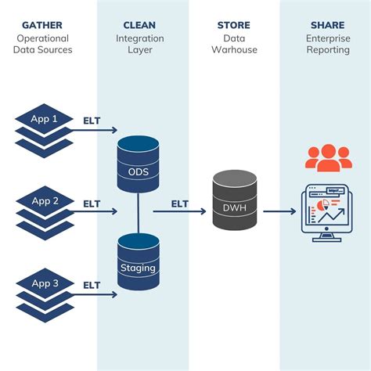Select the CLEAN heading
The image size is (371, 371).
click(139, 25)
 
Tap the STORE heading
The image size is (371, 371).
click(233, 25)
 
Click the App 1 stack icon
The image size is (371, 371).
click(44, 127)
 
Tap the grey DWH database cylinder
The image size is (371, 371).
click(235, 201)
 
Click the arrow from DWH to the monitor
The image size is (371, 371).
click(279, 211)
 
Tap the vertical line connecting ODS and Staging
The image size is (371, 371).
click(139, 212)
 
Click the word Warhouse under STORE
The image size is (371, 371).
click(233, 49)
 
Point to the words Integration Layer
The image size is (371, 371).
click(139, 44)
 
